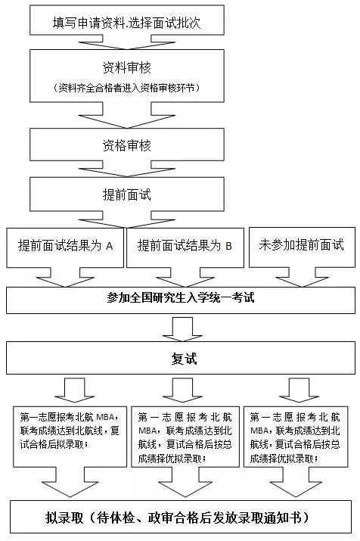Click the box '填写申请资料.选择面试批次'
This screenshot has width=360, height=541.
pos(127,20)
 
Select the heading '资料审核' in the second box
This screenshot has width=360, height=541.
pos(127,67)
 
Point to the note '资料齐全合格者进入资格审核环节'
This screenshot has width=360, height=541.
pos(126,88)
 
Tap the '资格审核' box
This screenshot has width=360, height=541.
pos(127,145)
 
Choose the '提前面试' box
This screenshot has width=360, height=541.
pos(127,194)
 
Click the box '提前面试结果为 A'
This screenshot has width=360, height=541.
pos(65,247)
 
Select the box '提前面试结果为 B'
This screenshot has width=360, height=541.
pos(185,247)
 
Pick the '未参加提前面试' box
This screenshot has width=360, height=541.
pos(302,247)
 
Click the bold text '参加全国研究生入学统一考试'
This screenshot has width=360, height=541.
pos(180,297)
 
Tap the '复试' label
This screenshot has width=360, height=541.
pos(184,359)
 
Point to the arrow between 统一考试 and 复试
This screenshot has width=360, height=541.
pos(182,329)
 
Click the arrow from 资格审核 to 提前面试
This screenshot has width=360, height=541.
pos(127,169)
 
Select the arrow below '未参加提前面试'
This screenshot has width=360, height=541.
pos(302,277)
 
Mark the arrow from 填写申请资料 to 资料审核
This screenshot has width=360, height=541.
pos(127,42)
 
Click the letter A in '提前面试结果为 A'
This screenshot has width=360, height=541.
pos(110,246)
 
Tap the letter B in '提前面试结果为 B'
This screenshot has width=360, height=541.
pos(228,246)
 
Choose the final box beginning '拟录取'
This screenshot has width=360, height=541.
pos(181,517)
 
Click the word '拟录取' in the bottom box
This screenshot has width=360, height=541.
pos(64,518)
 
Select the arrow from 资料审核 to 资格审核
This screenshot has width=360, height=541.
pos(127,115)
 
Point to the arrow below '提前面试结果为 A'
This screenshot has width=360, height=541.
pos(65,277)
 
